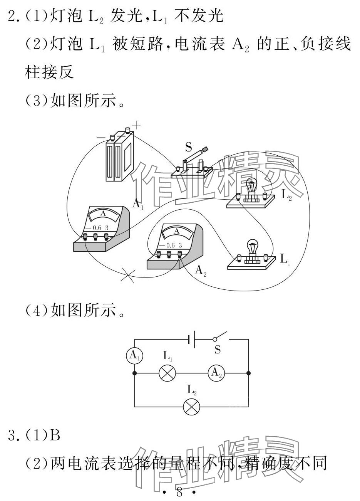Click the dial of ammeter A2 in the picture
pos(177,232)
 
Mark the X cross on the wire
pos(128,275)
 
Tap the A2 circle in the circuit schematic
pos(216,373)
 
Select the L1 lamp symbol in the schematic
pos(167,373)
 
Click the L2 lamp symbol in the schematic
pos(192,407)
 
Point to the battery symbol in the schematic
pos(191,339)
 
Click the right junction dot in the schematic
pos(248,373)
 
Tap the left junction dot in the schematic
pos(134,373)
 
